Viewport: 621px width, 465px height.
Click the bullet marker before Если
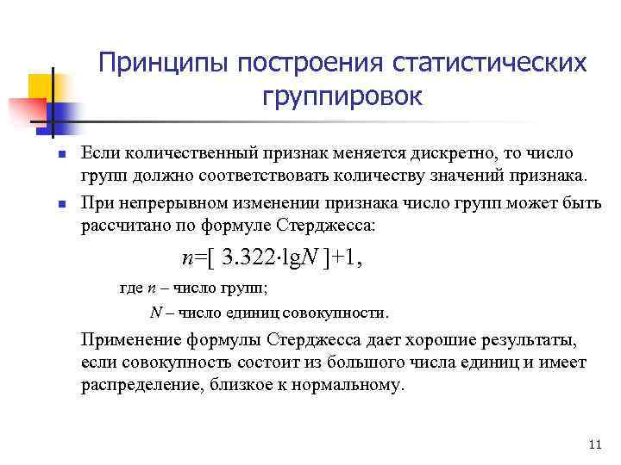pos(61,154)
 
